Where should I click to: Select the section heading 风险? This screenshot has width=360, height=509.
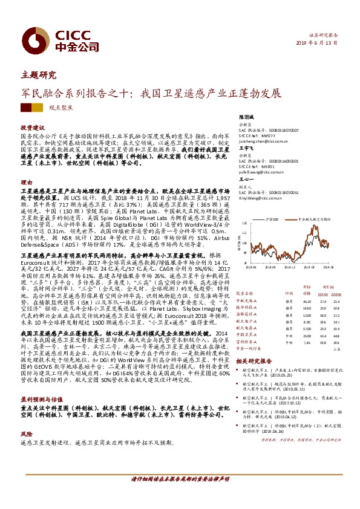tap(25, 433)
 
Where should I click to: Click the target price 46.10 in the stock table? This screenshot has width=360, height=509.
tap(307, 300)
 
